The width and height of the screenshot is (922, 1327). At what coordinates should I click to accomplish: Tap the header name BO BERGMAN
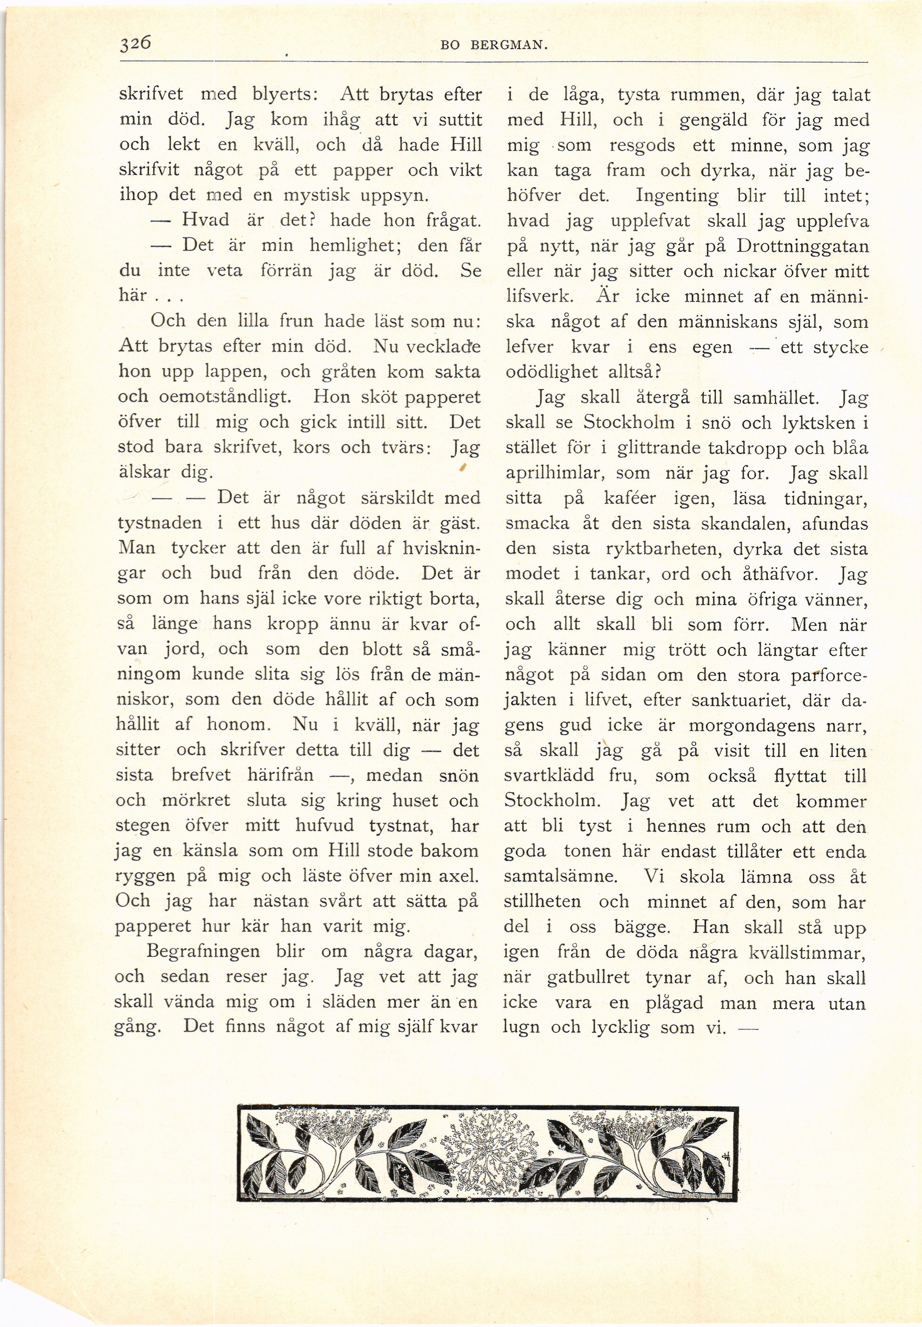pos(493,47)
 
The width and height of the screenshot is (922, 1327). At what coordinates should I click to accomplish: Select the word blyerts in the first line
pos(283,94)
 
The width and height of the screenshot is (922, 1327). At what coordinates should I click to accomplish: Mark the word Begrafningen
pos(204,951)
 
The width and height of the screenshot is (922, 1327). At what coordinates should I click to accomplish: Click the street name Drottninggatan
pos(802,246)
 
